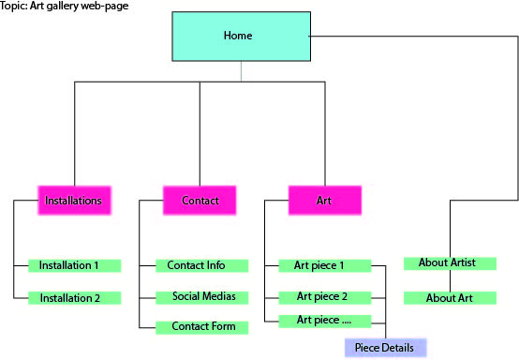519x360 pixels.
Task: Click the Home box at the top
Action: click(241, 36)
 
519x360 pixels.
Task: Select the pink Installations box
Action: click(74, 201)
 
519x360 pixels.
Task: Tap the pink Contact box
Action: click(200, 201)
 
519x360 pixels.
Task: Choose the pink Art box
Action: click(324, 201)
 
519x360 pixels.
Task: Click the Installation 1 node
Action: click(74, 265)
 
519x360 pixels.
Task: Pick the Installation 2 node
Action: click(74, 298)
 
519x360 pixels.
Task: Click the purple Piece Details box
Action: click(385, 348)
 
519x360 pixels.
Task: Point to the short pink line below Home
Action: click(241, 71)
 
